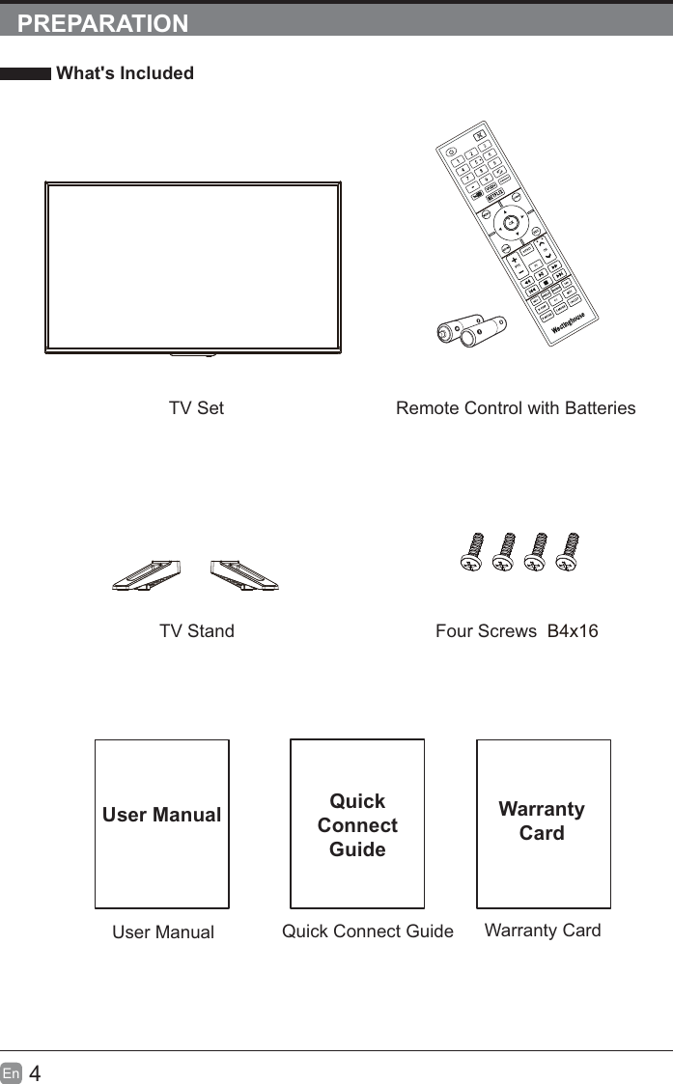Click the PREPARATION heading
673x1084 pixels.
(103, 24)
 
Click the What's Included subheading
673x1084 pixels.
(125, 73)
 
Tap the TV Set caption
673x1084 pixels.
(196, 408)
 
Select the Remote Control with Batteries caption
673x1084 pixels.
(516, 408)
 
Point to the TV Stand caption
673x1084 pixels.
(197, 631)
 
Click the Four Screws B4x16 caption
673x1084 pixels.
(517, 631)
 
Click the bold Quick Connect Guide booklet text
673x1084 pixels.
(357, 825)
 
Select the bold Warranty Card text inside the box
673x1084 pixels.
(542, 820)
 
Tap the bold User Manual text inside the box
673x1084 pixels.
(161, 815)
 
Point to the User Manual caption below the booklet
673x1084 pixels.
(163, 932)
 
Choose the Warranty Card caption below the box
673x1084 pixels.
(543, 931)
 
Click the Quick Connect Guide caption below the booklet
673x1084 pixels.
(367, 931)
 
